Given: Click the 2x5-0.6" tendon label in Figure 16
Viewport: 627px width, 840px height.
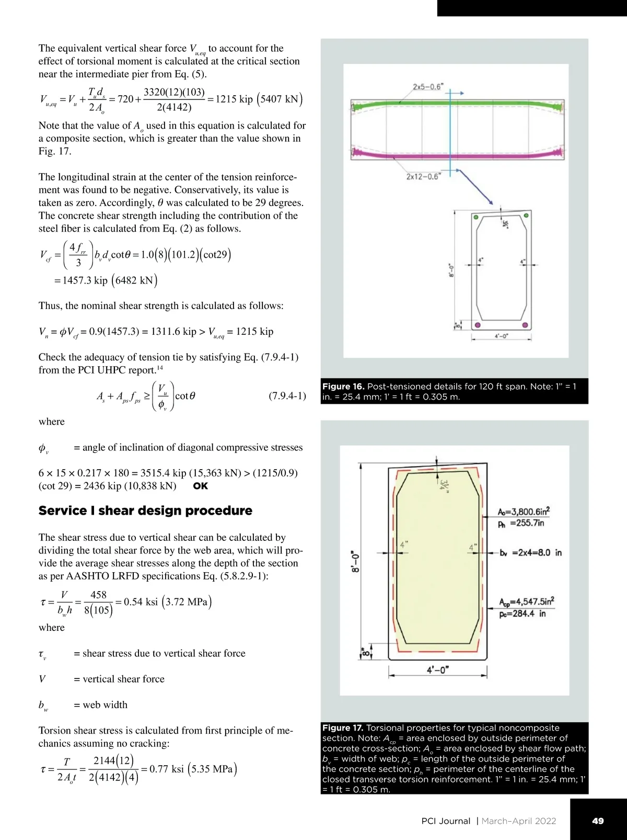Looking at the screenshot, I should pos(427,86).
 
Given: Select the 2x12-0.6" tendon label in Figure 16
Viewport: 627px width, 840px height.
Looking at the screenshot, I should pos(423,176).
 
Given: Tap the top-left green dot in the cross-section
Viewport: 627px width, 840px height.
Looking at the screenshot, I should pos(475,217).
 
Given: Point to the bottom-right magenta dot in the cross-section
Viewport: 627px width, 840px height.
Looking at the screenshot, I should pos(526,325).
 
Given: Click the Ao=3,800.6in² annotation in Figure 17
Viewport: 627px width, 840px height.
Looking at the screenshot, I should pos(524,512).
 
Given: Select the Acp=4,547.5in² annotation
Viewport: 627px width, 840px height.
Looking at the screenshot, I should pos(526,601).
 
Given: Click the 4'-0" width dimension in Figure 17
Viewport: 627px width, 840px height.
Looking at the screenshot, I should pos(438,670).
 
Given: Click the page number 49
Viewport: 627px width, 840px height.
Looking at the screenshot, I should pos(598,821).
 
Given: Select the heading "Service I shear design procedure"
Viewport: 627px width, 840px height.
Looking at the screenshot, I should pos(145,510).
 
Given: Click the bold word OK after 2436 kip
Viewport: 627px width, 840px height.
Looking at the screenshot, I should pos(200,486).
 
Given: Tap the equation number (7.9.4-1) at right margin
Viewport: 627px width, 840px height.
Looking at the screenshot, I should pos(287,396).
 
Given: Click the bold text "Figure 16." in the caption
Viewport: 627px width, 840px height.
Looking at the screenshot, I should pos(343,387).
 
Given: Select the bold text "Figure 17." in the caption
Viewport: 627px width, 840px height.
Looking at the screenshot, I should pos(343,728).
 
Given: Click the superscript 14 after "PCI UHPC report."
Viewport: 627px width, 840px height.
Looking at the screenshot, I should pos(160,368).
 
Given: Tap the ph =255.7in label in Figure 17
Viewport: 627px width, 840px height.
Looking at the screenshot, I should pos(521,523).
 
